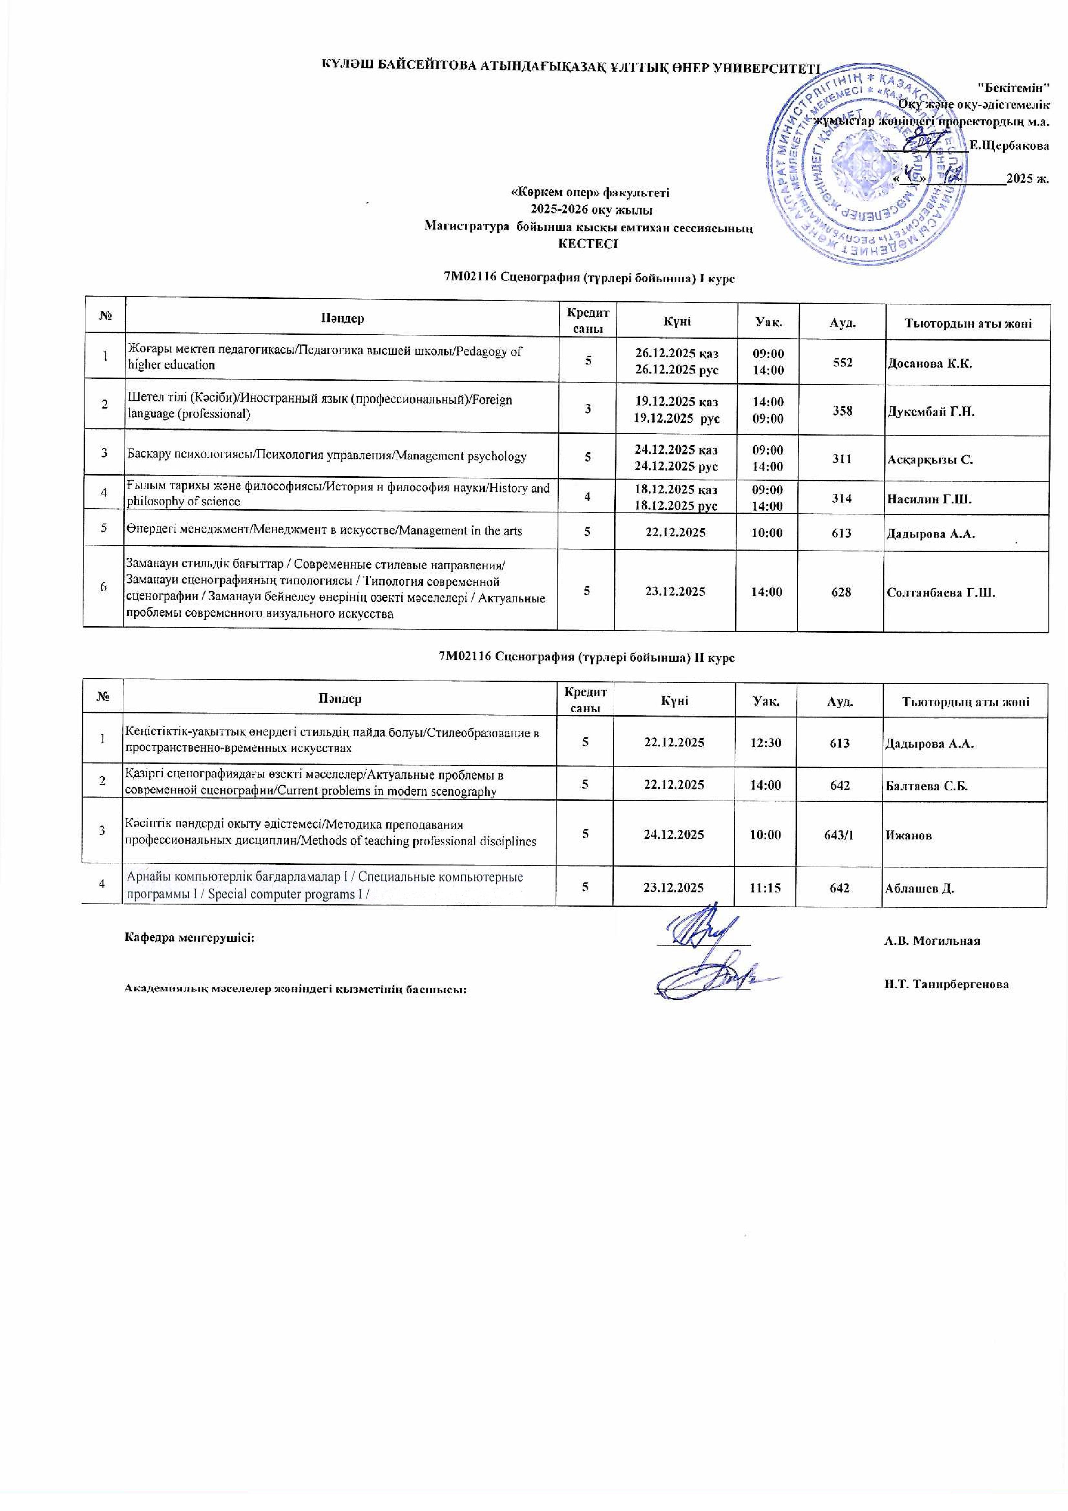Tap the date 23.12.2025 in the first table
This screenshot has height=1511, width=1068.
pos(674,592)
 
